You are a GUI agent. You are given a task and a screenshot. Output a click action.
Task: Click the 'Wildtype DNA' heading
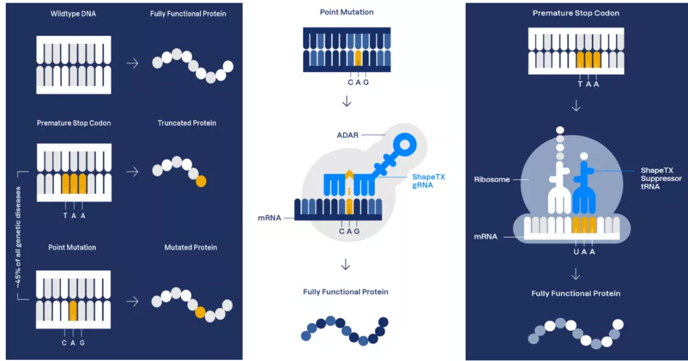click(x=73, y=13)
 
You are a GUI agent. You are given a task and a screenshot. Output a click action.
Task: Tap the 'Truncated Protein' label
click(x=187, y=123)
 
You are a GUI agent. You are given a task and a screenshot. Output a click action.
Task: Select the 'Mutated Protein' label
click(x=190, y=247)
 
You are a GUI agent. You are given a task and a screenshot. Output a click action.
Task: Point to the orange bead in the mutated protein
click(x=200, y=312)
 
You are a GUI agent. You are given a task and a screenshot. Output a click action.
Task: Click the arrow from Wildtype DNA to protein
click(x=133, y=63)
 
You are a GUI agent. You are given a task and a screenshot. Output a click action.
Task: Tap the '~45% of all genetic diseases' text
click(x=18, y=237)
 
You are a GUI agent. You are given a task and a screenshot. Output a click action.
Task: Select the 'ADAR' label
click(x=348, y=135)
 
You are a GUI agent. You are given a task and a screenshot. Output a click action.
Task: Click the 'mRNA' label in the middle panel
click(x=269, y=217)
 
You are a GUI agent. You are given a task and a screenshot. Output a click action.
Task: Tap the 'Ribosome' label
click(x=492, y=180)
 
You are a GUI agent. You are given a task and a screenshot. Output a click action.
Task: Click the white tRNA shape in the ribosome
click(x=559, y=188)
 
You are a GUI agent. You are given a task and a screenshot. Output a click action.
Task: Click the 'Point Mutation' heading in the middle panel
click(x=347, y=12)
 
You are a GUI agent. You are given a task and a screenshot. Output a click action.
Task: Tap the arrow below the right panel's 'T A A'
click(x=576, y=106)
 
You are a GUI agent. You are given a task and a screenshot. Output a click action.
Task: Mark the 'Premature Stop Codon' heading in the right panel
click(x=576, y=13)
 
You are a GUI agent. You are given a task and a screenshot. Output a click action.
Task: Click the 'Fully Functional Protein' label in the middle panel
click(x=346, y=292)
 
